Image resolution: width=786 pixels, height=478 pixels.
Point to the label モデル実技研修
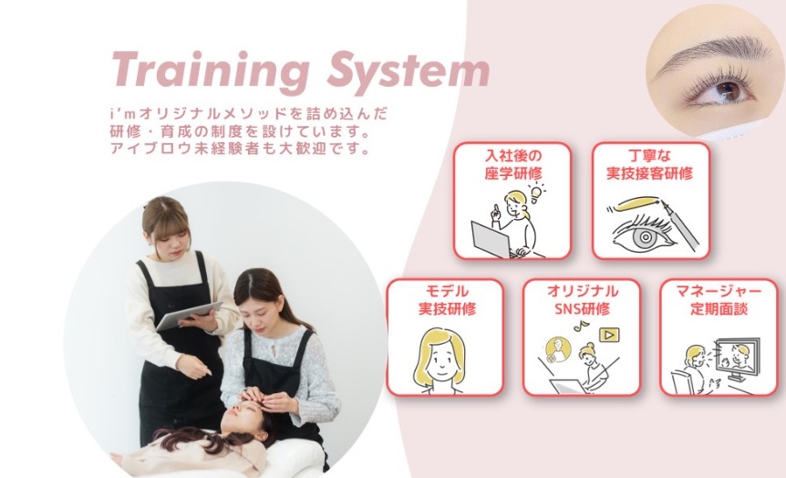[445, 300]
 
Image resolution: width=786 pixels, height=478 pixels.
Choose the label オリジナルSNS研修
[582, 300]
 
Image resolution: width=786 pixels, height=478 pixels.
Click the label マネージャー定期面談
[719, 300]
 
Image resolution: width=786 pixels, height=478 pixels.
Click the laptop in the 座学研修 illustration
[493, 240]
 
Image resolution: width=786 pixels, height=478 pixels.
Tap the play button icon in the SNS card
[607, 336]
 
